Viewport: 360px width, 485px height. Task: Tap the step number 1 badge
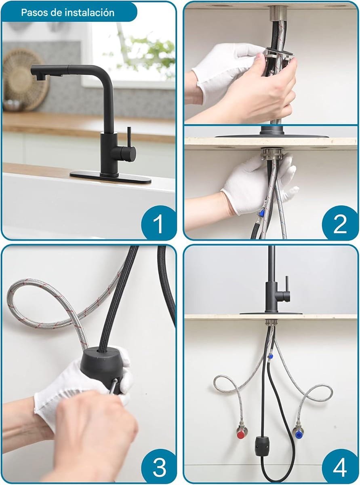[158, 223]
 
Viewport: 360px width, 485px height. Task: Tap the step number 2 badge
[340, 223]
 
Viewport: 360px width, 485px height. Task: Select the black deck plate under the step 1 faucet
[110, 177]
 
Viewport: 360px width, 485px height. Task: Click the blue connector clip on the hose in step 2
[261, 212]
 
